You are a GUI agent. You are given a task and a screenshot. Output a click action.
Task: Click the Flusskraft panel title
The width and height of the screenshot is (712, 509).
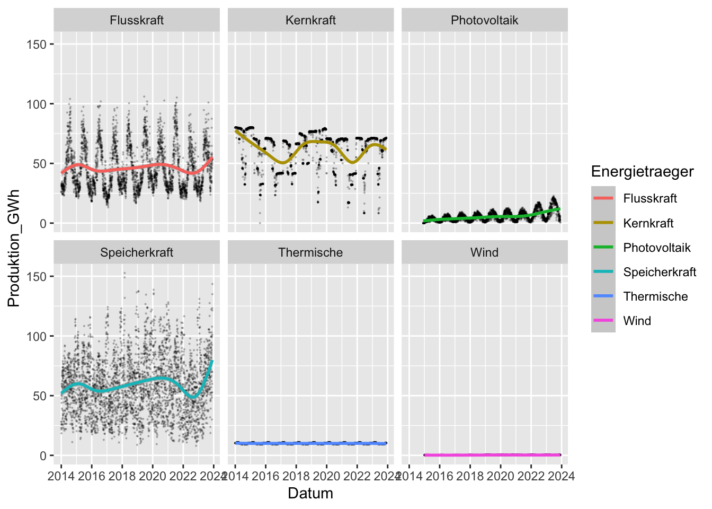click(x=137, y=21)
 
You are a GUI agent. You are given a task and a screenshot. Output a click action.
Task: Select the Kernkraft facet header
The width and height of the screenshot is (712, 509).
click(x=310, y=21)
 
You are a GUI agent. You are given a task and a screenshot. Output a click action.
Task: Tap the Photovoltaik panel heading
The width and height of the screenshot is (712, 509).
click(x=484, y=21)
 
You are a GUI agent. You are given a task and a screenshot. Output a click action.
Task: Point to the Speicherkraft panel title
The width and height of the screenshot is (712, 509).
click(x=137, y=253)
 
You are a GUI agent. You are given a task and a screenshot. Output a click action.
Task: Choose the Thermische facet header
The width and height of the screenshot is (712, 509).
click(x=310, y=253)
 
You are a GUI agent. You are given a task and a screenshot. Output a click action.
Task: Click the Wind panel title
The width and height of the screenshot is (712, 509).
click(x=484, y=253)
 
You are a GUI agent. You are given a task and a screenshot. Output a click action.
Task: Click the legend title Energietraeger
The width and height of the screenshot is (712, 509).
click(x=642, y=172)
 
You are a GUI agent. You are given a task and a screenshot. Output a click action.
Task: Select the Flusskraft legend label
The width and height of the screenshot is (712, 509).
click(x=650, y=199)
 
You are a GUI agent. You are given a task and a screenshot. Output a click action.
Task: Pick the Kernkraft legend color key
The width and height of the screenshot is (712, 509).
click(x=603, y=223)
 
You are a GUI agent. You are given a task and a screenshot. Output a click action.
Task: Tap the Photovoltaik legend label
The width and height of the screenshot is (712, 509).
click(x=657, y=248)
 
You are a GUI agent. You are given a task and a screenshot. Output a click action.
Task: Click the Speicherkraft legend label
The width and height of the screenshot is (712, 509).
click(x=660, y=273)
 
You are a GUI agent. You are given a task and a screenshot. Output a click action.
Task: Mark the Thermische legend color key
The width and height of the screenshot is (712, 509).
click(x=603, y=296)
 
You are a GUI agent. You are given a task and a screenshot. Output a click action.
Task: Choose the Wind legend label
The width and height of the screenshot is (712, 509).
click(x=637, y=321)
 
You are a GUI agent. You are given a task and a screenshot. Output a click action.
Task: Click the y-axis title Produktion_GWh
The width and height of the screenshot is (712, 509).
click(x=14, y=248)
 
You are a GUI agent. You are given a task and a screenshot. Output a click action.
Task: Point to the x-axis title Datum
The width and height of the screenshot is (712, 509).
click(x=310, y=494)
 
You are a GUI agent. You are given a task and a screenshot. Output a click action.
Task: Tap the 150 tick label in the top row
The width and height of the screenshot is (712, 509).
click(x=37, y=45)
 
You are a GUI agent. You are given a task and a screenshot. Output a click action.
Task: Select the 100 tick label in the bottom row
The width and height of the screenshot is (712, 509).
click(x=37, y=337)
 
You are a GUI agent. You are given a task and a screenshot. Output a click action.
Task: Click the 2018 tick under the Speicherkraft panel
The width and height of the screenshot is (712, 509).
click(x=122, y=476)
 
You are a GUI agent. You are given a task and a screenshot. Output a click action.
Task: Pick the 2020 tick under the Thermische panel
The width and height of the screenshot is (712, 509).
click(x=326, y=476)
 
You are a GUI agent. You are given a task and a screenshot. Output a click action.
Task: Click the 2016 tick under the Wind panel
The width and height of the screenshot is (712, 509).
click(x=440, y=476)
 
